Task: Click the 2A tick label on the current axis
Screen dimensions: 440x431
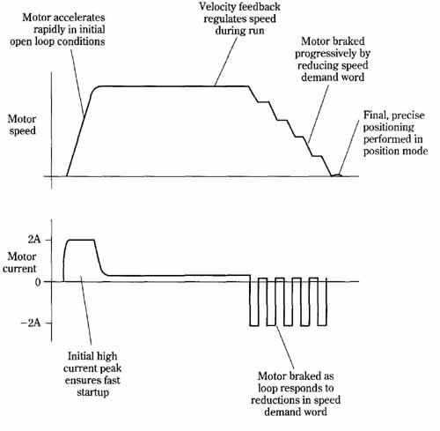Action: [34, 240]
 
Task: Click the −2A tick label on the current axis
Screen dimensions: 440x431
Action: [30, 323]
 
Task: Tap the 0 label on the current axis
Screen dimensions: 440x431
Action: [38, 282]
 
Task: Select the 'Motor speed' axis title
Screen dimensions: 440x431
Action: [22, 125]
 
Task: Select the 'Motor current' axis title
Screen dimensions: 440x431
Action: [19, 263]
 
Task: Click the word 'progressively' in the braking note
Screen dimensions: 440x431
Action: [322, 54]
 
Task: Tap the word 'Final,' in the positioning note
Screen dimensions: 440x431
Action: [376, 115]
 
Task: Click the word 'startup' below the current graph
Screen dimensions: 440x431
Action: [93, 392]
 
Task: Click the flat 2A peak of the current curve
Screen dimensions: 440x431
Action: [81, 240]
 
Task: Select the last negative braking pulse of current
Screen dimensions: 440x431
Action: [322, 301]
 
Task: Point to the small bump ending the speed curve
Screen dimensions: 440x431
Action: [337, 175]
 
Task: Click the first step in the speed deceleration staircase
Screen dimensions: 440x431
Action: [263, 102]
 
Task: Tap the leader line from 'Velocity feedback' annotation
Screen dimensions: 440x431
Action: [226, 62]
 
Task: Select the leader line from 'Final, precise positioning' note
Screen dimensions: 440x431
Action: [348, 147]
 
